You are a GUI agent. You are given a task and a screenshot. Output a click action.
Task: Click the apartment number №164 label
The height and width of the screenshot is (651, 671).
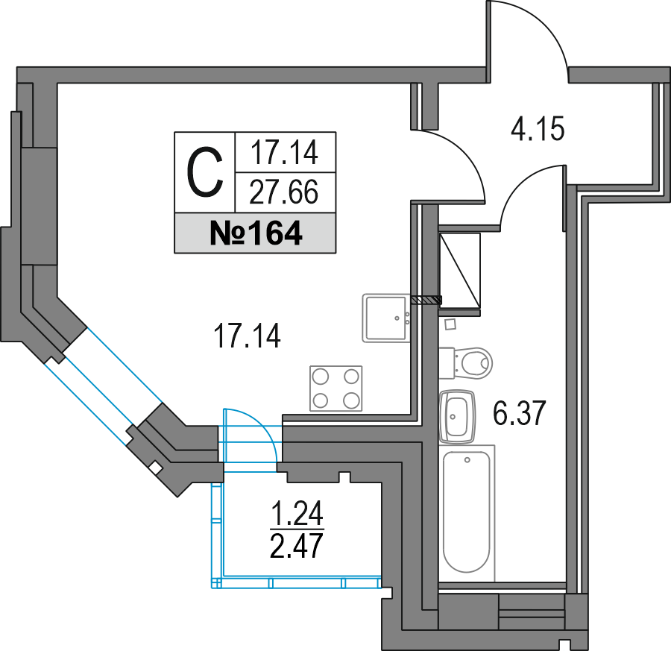256,233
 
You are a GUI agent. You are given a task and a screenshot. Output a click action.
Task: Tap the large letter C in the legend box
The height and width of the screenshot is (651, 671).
205,172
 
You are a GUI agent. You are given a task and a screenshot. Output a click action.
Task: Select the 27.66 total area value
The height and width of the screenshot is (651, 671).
284,192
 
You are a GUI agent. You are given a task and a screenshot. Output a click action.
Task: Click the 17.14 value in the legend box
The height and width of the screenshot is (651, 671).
285,153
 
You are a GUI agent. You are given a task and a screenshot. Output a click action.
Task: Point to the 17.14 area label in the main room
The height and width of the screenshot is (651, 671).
248,336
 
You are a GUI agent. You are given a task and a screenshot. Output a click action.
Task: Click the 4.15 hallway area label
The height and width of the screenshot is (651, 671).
538,128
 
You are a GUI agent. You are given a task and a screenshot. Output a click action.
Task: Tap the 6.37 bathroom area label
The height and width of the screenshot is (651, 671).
520,413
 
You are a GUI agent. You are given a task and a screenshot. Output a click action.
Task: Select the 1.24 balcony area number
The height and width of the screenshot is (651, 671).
297,514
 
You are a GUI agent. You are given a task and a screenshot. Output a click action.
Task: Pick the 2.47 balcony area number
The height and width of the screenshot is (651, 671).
296,546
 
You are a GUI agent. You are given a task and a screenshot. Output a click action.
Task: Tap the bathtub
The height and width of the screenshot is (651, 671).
467,512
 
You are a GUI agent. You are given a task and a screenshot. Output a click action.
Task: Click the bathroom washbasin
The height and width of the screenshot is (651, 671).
457,416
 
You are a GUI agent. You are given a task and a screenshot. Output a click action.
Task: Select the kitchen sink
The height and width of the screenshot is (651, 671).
386,318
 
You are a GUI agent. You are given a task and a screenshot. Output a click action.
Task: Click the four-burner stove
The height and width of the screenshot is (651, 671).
336,389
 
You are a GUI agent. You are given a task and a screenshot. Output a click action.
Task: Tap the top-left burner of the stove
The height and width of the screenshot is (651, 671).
321,377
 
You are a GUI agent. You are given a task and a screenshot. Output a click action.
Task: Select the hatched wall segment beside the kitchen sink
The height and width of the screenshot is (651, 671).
426,300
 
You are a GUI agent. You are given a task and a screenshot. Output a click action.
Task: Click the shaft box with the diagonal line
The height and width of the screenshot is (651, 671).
460,271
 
